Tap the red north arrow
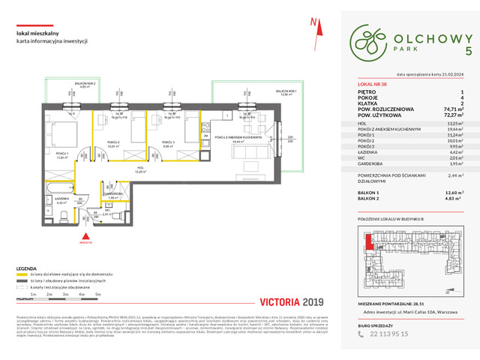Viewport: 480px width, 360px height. click(x=314, y=25)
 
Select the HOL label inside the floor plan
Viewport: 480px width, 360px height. click(x=140, y=169)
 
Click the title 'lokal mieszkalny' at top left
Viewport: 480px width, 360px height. click(x=39, y=31)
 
